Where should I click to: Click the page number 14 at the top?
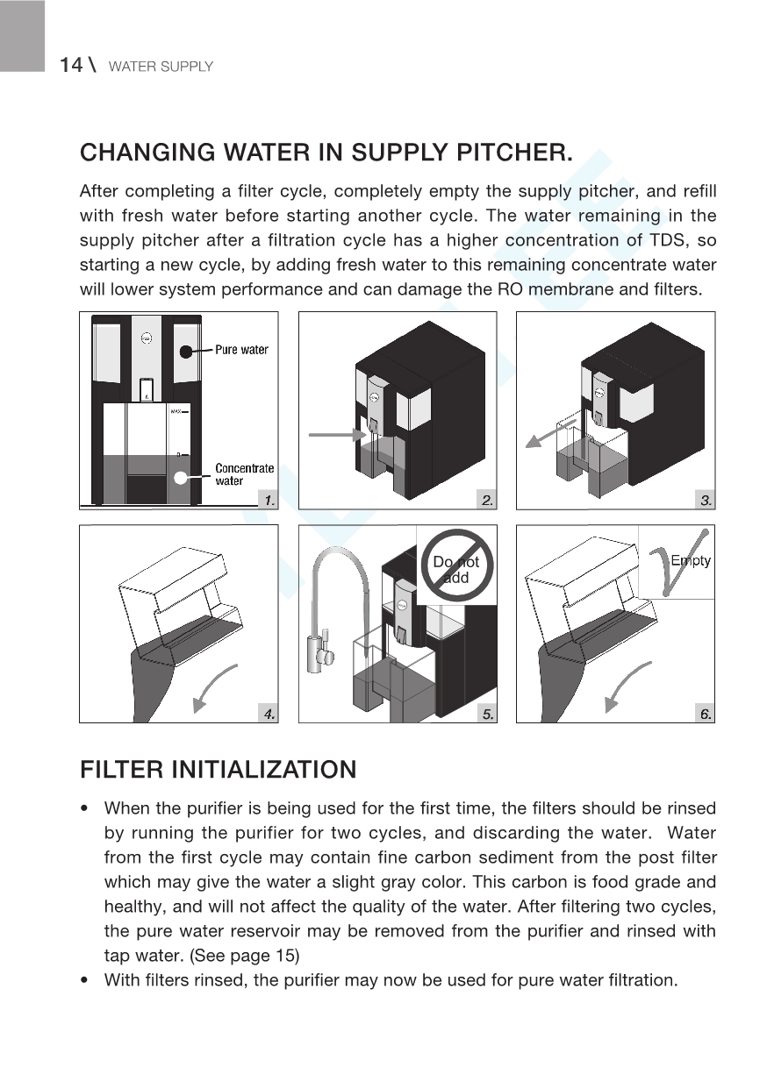tap(71, 65)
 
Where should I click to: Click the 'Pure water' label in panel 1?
tap(241, 350)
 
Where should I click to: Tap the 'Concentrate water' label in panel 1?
tap(244, 474)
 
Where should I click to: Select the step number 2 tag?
tap(486, 500)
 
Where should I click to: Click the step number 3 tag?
tap(704, 500)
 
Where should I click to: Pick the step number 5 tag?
tap(486, 714)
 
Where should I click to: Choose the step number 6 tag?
tap(704, 714)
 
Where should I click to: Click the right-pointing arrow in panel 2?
tap(339, 433)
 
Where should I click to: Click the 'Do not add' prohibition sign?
tap(456, 569)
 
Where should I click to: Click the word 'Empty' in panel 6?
tap(690, 561)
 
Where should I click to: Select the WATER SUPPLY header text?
tap(160, 67)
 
